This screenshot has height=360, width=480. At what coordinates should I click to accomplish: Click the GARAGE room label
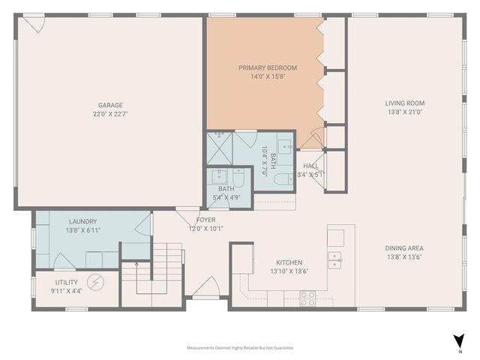click(109, 105)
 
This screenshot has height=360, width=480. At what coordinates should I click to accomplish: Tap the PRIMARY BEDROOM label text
click(268, 67)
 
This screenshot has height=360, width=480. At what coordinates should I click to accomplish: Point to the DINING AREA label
click(405, 247)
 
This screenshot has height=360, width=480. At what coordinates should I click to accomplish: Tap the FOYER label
click(205, 220)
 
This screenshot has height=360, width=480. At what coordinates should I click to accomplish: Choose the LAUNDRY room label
click(82, 222)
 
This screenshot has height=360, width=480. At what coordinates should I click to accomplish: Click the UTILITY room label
click(66, 282)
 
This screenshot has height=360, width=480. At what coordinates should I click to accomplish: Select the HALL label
click(310, 166)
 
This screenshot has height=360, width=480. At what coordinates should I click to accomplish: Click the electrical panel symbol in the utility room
click(96, 283)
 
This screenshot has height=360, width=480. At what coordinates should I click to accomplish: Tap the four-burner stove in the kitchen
click(307, 298)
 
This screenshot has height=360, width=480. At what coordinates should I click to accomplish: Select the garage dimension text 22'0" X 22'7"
click(109, 115)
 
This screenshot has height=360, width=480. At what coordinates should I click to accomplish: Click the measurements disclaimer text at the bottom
click(240, 348)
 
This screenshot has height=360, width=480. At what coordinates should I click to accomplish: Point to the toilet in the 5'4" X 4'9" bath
click(238, 178)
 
